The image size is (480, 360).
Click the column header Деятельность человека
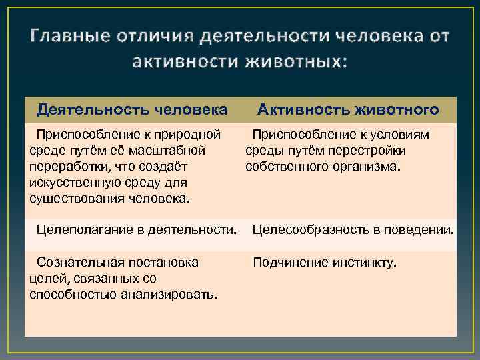pyautogui.click(x=132, y=109)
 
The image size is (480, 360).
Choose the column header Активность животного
pyautogui.click(x=348, y=109)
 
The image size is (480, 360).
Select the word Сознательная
pyautogui.click(x=79, y=262)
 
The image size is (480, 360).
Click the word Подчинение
pyautogui.click(x=289, y=262)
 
